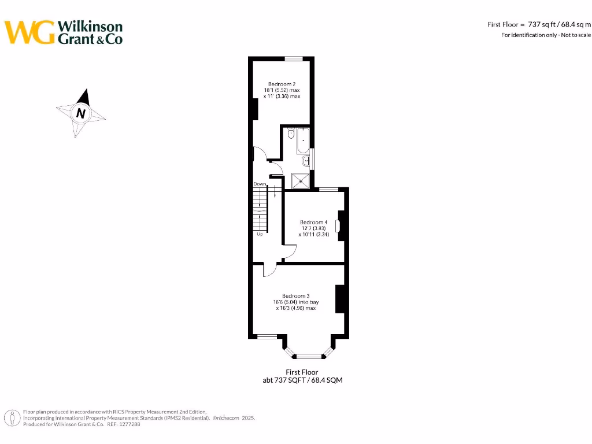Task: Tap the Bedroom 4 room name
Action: click(x=313, y=222)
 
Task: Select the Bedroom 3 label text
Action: click(x=295, y=296)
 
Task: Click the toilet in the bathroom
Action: click(x=291, y=135)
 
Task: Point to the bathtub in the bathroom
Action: click(x=304, y=141)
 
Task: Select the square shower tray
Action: click(x=301, y=181)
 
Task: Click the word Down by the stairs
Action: click(x=259, y=184)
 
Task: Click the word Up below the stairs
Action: click(x=260, y=234)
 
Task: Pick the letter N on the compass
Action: click(x=81, y=113)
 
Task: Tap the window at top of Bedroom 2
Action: click(x=294, y=58)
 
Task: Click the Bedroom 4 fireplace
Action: click(x=340, y=225)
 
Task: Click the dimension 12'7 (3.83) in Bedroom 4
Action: click(x=313, y=228)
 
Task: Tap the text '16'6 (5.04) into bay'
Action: click(x=295, y=302)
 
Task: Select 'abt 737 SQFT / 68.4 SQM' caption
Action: click(x=302, y=380)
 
